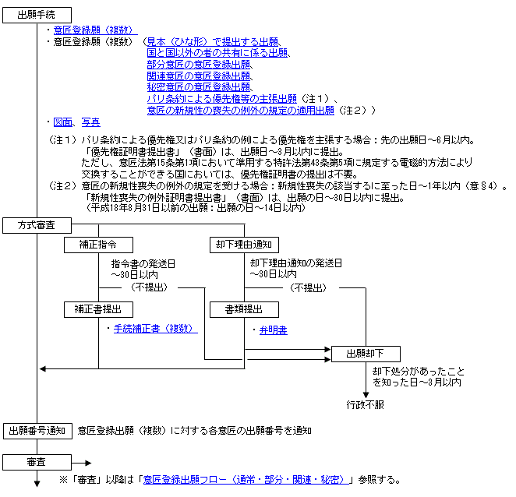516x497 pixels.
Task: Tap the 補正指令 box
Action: [99, 245]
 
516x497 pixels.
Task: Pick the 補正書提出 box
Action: [99, 310]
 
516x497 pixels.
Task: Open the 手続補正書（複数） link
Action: [155, 330]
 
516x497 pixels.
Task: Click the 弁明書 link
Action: [273, 330]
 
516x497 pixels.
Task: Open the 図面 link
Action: [63, 122]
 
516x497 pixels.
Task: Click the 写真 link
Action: [90, 122]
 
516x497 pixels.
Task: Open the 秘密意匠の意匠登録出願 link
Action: [198, 87]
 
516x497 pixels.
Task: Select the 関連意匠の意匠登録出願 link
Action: [198, 76]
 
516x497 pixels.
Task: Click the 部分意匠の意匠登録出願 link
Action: [198, 64]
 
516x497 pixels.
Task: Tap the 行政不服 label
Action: [366, 405]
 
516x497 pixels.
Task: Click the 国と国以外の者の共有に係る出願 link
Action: [217, 52]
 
